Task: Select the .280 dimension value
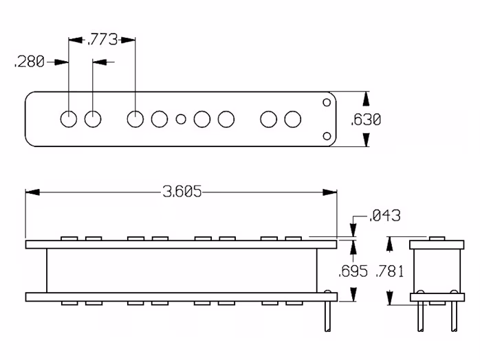[29, 63]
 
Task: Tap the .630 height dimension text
[366, 120]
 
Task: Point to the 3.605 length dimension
[182, 192]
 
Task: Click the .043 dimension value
[384, 216]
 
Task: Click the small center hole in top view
[181, 120]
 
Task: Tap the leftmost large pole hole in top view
[69, 119]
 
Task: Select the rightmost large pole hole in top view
[293, 120]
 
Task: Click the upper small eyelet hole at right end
[327, 102]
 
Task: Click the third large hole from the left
[136, 119]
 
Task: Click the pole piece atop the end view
[436, 238]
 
